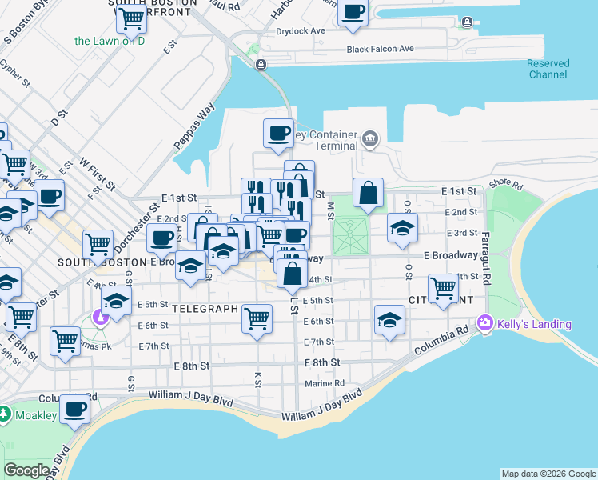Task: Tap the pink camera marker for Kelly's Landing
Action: pos(484,323)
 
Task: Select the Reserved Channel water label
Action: pos(548,69)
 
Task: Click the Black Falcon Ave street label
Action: pos(380,49)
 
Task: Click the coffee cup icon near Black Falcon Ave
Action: pos(353,12)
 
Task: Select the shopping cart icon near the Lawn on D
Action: pos(130,18)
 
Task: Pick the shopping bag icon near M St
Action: pos(368,193)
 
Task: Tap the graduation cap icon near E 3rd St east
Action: pos(402,227)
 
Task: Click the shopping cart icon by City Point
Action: pos(443,287)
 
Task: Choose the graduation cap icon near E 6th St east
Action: pos(389,321)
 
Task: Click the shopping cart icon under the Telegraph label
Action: pos(257,318)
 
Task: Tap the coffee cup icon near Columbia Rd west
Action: pos(75,409)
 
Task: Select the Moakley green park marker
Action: pos(5,414)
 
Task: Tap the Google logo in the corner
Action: pos(27,470)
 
